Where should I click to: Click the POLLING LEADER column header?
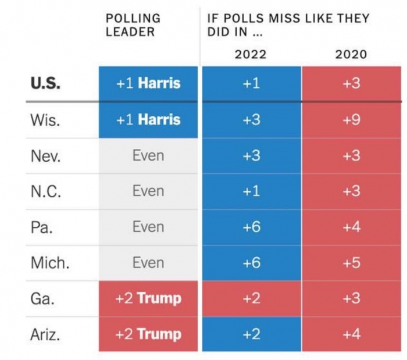click(133, 25)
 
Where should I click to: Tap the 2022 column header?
click(251, 55)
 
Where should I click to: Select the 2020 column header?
click(351, 55)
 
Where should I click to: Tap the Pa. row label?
click(42, 227)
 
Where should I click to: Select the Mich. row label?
click(50, 263)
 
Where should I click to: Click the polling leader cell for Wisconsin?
click(148, 120)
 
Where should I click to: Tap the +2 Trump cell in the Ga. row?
click(148, 298)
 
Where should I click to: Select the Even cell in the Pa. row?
click(148, 227)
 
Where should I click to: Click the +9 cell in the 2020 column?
click(351, 120)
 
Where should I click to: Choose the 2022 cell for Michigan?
click(251, 263)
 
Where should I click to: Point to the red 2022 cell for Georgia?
click(251, 298)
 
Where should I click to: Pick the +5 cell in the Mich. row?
click(351, 263)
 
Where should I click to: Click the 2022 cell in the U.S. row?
click(251, 83)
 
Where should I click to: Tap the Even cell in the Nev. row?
click(148, 156)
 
